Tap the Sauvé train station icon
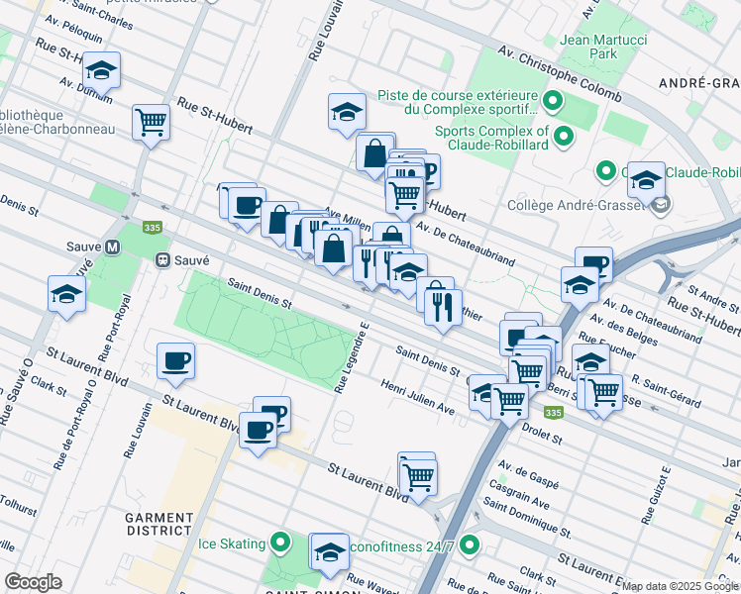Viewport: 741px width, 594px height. pyautogui.click(x=162, y=259)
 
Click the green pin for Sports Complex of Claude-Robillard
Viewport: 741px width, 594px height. pyautogui.click(x=564, y=137)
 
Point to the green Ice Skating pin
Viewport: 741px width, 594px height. pyautogui.click(x=281, y=543)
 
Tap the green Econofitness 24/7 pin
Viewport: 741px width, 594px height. pyautogui.click(x=470, y=544)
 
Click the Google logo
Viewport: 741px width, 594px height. pyautogui.click(x=33, y=582)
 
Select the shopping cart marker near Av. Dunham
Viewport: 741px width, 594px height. pyautogui.click(x=152, y=123)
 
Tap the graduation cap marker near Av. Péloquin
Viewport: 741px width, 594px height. pyautogui.click(x=101, y=70)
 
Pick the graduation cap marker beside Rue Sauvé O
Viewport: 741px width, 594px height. pyautogui.click(x=66, y=294)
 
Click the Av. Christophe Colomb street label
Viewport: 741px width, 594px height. pyautogui.click(x=560, y=76)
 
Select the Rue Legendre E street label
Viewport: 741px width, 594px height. pyautogui.click(x=352, y=357)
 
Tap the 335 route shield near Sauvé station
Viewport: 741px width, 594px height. pyautogui.click(x=152, y=227)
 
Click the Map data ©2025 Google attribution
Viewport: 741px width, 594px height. pyautogui.click(x=680, y=586)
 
